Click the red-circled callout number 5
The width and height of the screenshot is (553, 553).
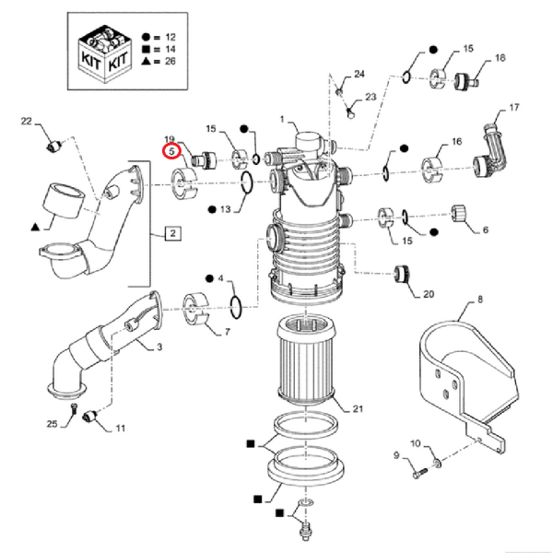pyautogui.click(x=171, y=152)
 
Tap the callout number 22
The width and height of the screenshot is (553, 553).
pyautogui.click(x=26, y=121)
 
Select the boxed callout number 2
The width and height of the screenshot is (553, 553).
pyautogui.click(x=172, y=233)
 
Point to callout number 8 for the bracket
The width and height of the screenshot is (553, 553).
pyautogui.click(x=479, y=300)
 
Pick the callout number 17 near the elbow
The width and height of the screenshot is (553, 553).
pyautogui.click(x=502, y=108)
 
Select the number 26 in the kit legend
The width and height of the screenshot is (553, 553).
pyautogui.click(x=171, y=63)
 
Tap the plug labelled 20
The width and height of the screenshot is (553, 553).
pyautogui.click(x=402, y=273)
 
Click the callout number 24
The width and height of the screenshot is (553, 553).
pyautogui.click(x=359, y=74)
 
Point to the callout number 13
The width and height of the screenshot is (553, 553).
pyautogui.click(x=225, y=210)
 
